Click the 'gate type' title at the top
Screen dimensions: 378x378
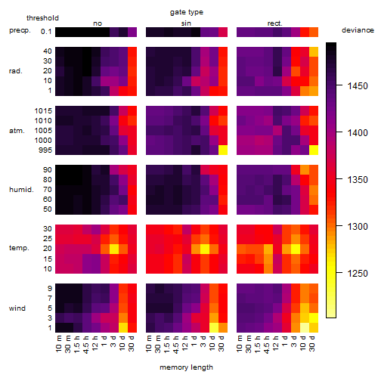point(187,12)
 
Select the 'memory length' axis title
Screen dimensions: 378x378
point(186,367)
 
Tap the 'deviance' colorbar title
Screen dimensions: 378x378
point(358,30)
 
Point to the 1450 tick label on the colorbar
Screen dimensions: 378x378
point(358,86)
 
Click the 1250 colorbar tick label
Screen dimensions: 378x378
point(358,273)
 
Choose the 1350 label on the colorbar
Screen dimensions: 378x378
point(358,180)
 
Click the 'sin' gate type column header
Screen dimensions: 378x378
point(186,23)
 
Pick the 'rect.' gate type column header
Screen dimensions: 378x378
point(274,23)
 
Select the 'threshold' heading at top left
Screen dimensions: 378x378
point(42,18)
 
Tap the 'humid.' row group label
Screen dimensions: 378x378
point(21,190)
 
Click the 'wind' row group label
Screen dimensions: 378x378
point(17,308)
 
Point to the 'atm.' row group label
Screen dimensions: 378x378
point(17,131)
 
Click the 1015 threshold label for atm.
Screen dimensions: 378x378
point(43,111)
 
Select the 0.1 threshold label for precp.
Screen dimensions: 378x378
point(46,32)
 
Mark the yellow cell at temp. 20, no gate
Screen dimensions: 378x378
point(114,249)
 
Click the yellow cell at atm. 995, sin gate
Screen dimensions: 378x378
point(223,150)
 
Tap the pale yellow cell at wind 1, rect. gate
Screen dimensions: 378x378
point(305,327)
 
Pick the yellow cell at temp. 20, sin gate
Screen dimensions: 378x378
point(205,249)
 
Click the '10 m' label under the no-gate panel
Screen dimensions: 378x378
point(58,344)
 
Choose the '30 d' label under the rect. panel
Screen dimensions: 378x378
point(312,344)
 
